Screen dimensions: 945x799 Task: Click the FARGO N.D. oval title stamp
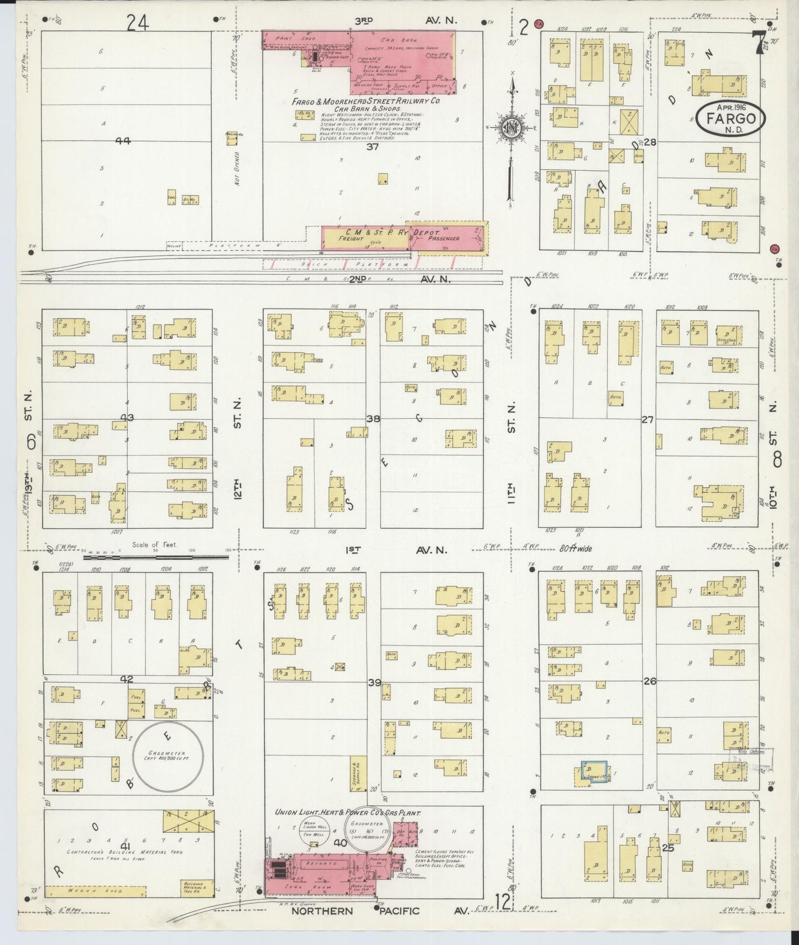click(x=730, y=117)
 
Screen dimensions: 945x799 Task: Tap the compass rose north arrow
click(x=509, y=130)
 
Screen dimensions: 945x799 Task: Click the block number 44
click(x=122, y=141)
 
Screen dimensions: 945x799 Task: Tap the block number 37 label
click(x=373, y=147)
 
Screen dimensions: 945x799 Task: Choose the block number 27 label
click(x=647, y=420)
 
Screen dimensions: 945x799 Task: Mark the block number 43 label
click(x=127, y=418)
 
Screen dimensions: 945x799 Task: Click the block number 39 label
click(x=375, y=683)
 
